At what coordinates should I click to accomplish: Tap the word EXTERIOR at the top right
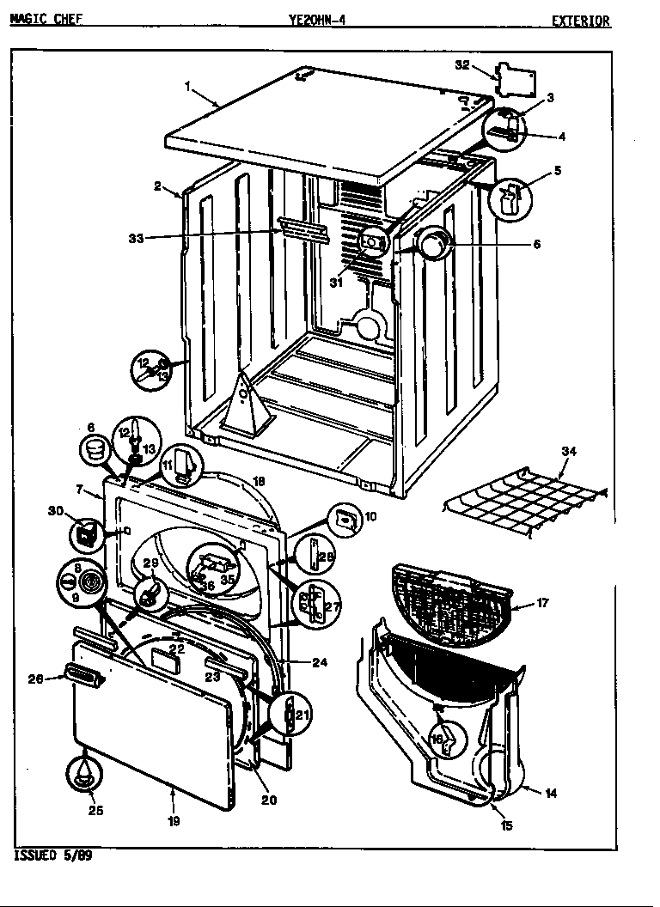coord(581,21)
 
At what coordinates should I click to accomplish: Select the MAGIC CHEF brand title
coord(46,20)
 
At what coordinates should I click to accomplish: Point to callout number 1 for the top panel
coord(187,85)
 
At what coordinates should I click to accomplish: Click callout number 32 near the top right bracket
coord(462,64)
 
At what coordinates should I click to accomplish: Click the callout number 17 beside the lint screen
coord(542,603)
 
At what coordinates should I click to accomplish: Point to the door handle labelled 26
coord(83,676)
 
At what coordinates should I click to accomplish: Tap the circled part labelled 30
coord(84,534)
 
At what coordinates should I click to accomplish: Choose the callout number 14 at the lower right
coord(551,793)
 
